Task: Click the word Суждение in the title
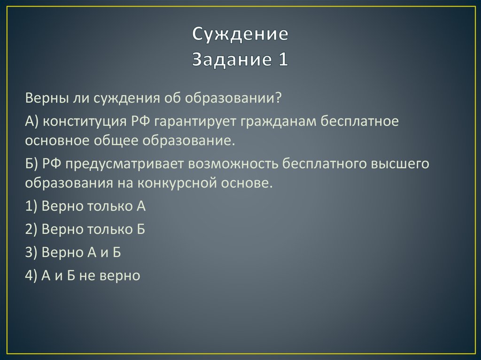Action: pos(240,35)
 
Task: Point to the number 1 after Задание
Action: pos(283,59)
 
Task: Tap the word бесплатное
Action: pos(359,122)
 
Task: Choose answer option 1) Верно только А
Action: pos(85,207)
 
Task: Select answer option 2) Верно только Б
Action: pos(85,229)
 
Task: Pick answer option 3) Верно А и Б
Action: pos(73,252)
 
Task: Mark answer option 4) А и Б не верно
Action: pos(83,276)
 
